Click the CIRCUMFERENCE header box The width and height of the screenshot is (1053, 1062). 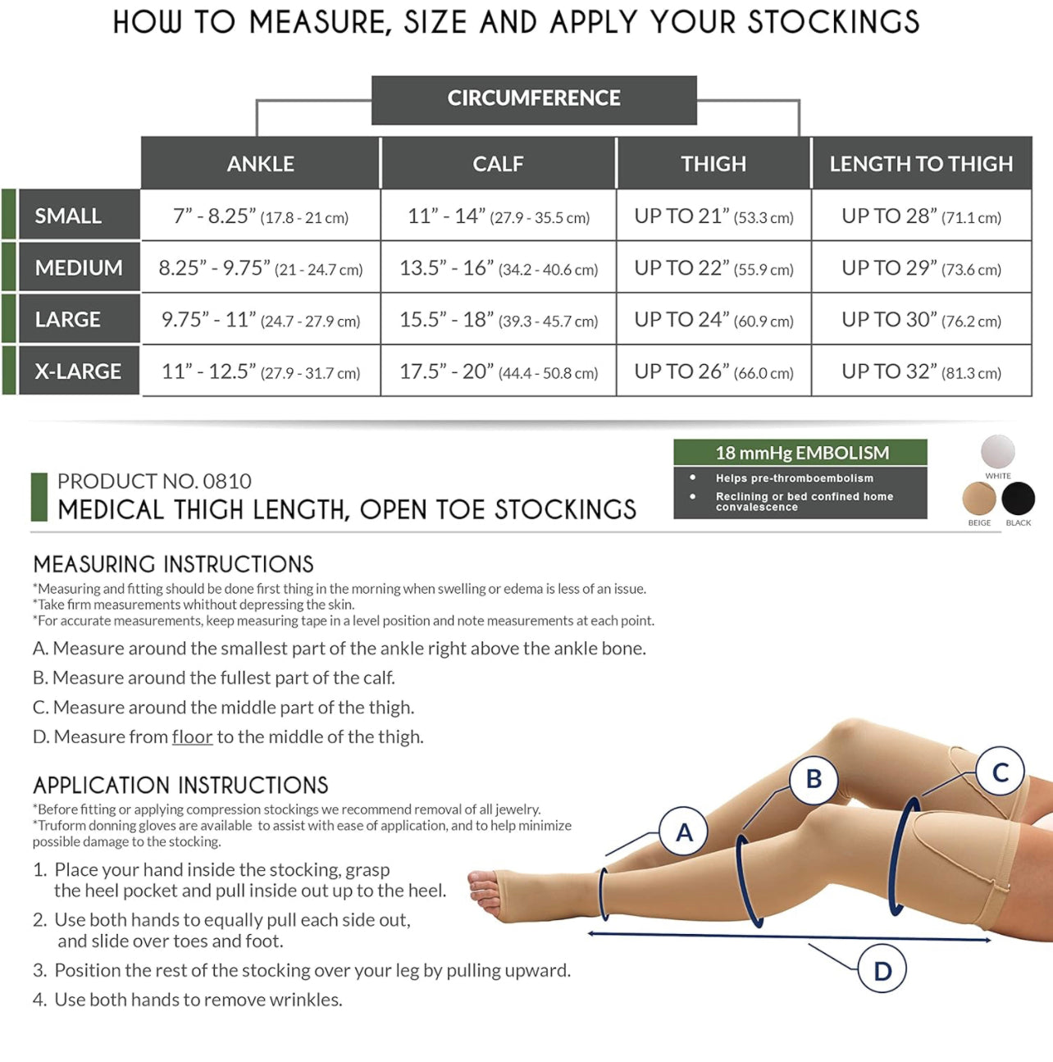(534, 99)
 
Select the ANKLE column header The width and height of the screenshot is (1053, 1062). (261, 164)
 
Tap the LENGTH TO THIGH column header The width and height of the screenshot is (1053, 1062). (921, 164)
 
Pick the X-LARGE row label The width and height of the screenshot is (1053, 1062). (78, 371)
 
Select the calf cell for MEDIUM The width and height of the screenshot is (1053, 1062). (499, 268)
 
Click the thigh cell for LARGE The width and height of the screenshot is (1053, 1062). (713, 320)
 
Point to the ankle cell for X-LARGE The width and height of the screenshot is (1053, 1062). (261, 371)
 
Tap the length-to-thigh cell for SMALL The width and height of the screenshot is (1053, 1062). (921, 217)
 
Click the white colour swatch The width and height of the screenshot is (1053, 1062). (997, 452)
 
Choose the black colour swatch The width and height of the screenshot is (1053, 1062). (1018, 499)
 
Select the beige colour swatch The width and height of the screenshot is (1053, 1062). (979, 499)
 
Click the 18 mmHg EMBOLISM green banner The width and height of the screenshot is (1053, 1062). (800, 453)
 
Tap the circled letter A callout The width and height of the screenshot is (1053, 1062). (684, 832)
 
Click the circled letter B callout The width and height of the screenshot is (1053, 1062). (814, 778)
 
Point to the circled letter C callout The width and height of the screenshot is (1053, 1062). (1000, 772)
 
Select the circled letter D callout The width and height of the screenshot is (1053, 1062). (882, 970)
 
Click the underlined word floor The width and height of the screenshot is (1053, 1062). (192, 736)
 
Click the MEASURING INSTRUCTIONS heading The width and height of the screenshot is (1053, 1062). (173, 564)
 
